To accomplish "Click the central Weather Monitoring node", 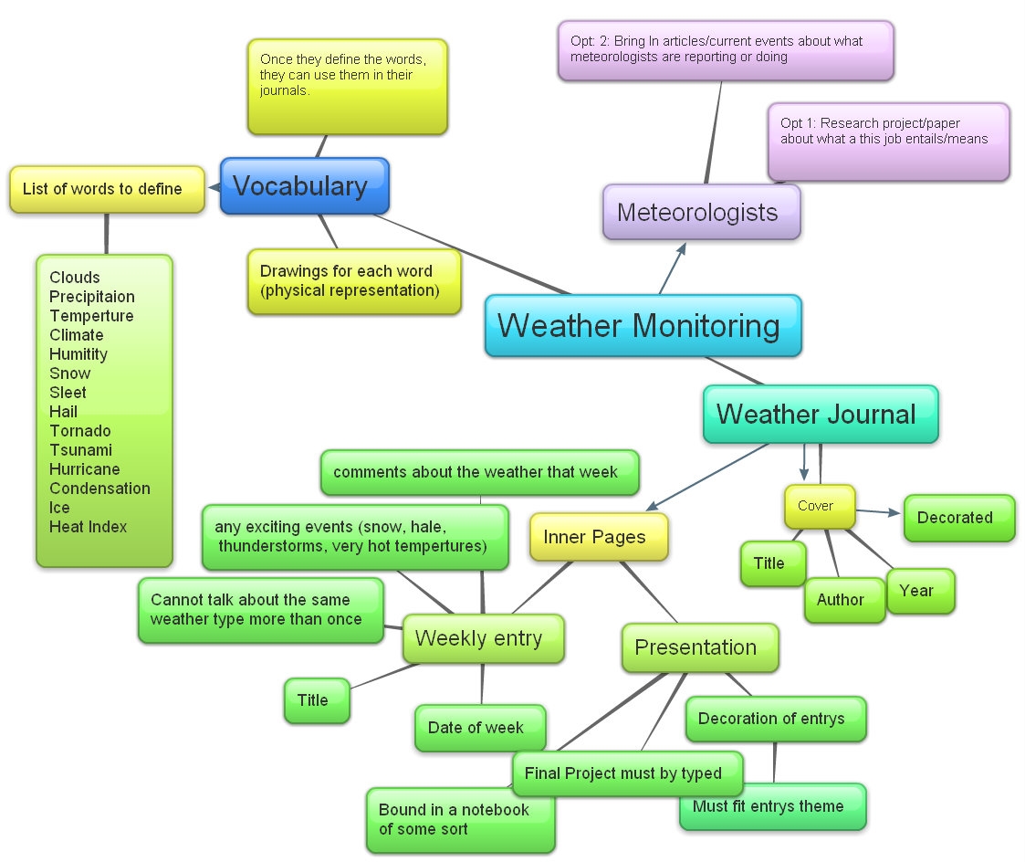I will click(643, 325).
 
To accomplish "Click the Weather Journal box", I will click(820, 414).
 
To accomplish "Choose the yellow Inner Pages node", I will click(599, 536).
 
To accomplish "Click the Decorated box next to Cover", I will click(957, 518).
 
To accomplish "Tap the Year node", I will click(920, 591).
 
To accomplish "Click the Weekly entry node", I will click(482, 637).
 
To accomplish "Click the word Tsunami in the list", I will click(80, 450).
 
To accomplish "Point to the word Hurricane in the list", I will click(85, 469).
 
